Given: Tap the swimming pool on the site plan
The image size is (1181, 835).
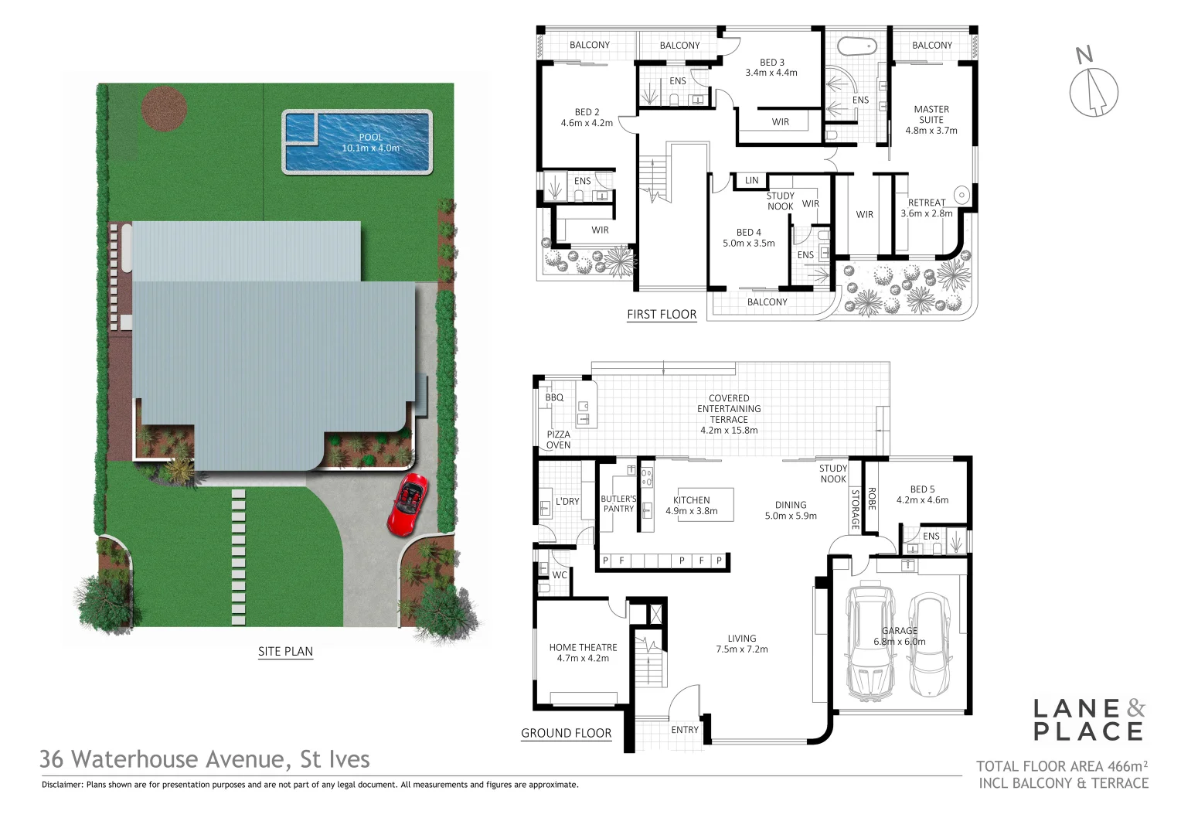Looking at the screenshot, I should click(x=357, y=142).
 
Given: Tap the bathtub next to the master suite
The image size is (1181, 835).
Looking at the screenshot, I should click(x=857, y=45).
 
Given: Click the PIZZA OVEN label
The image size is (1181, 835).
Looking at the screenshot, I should click(x=558, y=440).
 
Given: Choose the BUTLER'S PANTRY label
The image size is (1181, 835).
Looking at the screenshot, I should click(x=618, y=503).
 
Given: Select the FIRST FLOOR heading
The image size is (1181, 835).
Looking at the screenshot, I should click(x=662, y=314).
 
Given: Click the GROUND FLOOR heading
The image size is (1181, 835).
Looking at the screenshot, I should click(x=566, y=733).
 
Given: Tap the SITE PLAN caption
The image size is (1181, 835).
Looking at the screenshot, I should click(x=285, y=652).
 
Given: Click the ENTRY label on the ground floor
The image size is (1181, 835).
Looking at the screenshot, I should click(x=685, y=729).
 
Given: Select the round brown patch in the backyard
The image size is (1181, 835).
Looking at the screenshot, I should click(x=165, y=108).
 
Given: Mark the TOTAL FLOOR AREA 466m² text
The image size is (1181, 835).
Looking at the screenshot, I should click(x=1061, y=766).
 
